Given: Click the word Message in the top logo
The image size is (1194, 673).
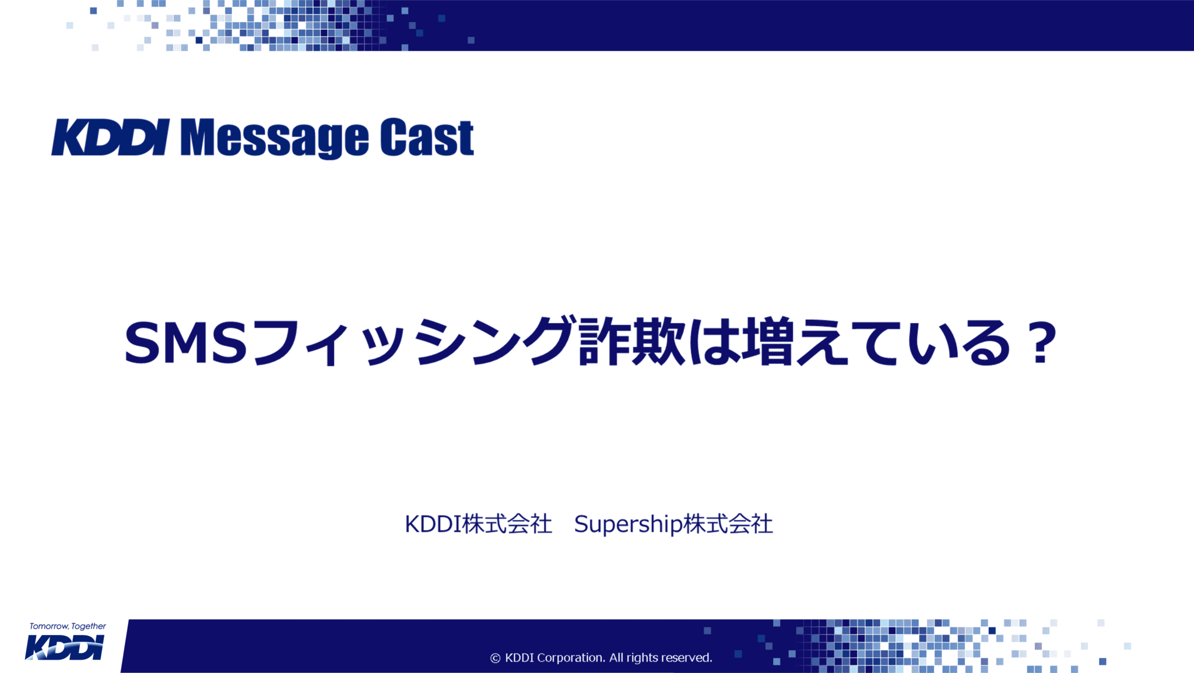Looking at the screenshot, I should (x=274, y=138).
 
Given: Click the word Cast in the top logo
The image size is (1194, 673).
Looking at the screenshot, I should (x=427, y=138).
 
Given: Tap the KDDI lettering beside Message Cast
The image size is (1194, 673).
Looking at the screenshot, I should (x=111, y=138).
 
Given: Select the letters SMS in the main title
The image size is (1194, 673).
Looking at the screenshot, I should (x=185, y=343).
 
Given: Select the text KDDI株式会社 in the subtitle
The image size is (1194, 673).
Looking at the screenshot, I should (x=478, y=524).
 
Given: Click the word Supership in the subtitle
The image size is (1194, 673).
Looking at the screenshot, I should (x=628, y=524).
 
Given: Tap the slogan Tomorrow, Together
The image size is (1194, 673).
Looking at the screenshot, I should (x=68, y=626).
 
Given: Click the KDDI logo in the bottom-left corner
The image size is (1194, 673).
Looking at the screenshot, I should (x=65, y=648).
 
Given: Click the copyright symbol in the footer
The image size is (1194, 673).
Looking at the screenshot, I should (x=495, y=658).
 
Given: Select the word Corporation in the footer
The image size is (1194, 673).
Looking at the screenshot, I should (x=571, y=658).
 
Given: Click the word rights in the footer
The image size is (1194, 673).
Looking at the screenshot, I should (x=642, y=658).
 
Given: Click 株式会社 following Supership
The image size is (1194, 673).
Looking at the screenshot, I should (x=728, y=524).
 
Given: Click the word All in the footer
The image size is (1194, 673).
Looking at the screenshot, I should (x=616, y=658).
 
